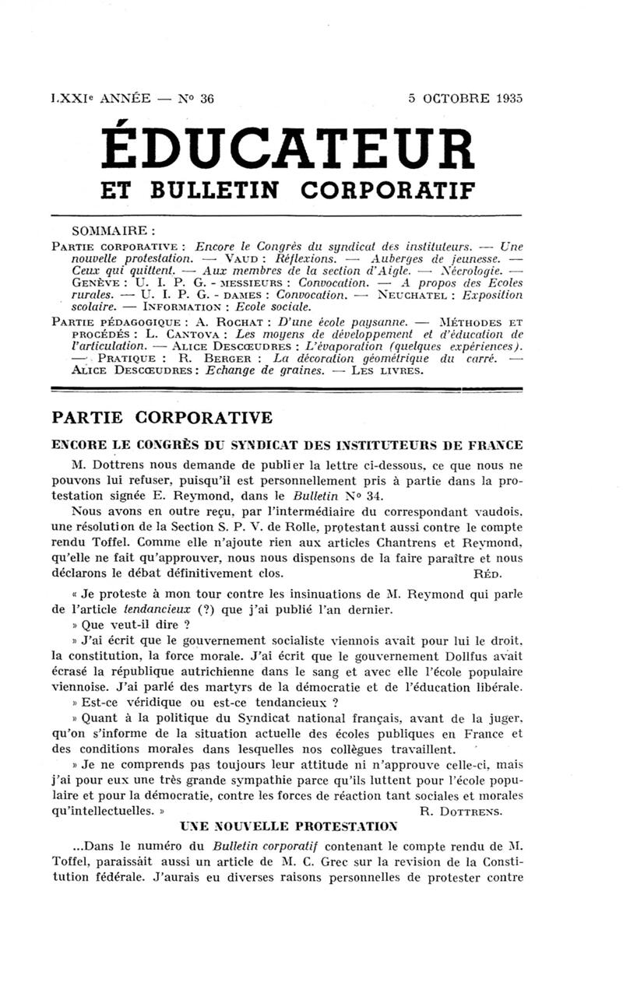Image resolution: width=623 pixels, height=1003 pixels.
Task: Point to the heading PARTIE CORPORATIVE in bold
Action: (x=162, y=418)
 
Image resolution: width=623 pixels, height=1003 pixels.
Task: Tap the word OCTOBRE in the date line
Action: (x=453, y=99)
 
